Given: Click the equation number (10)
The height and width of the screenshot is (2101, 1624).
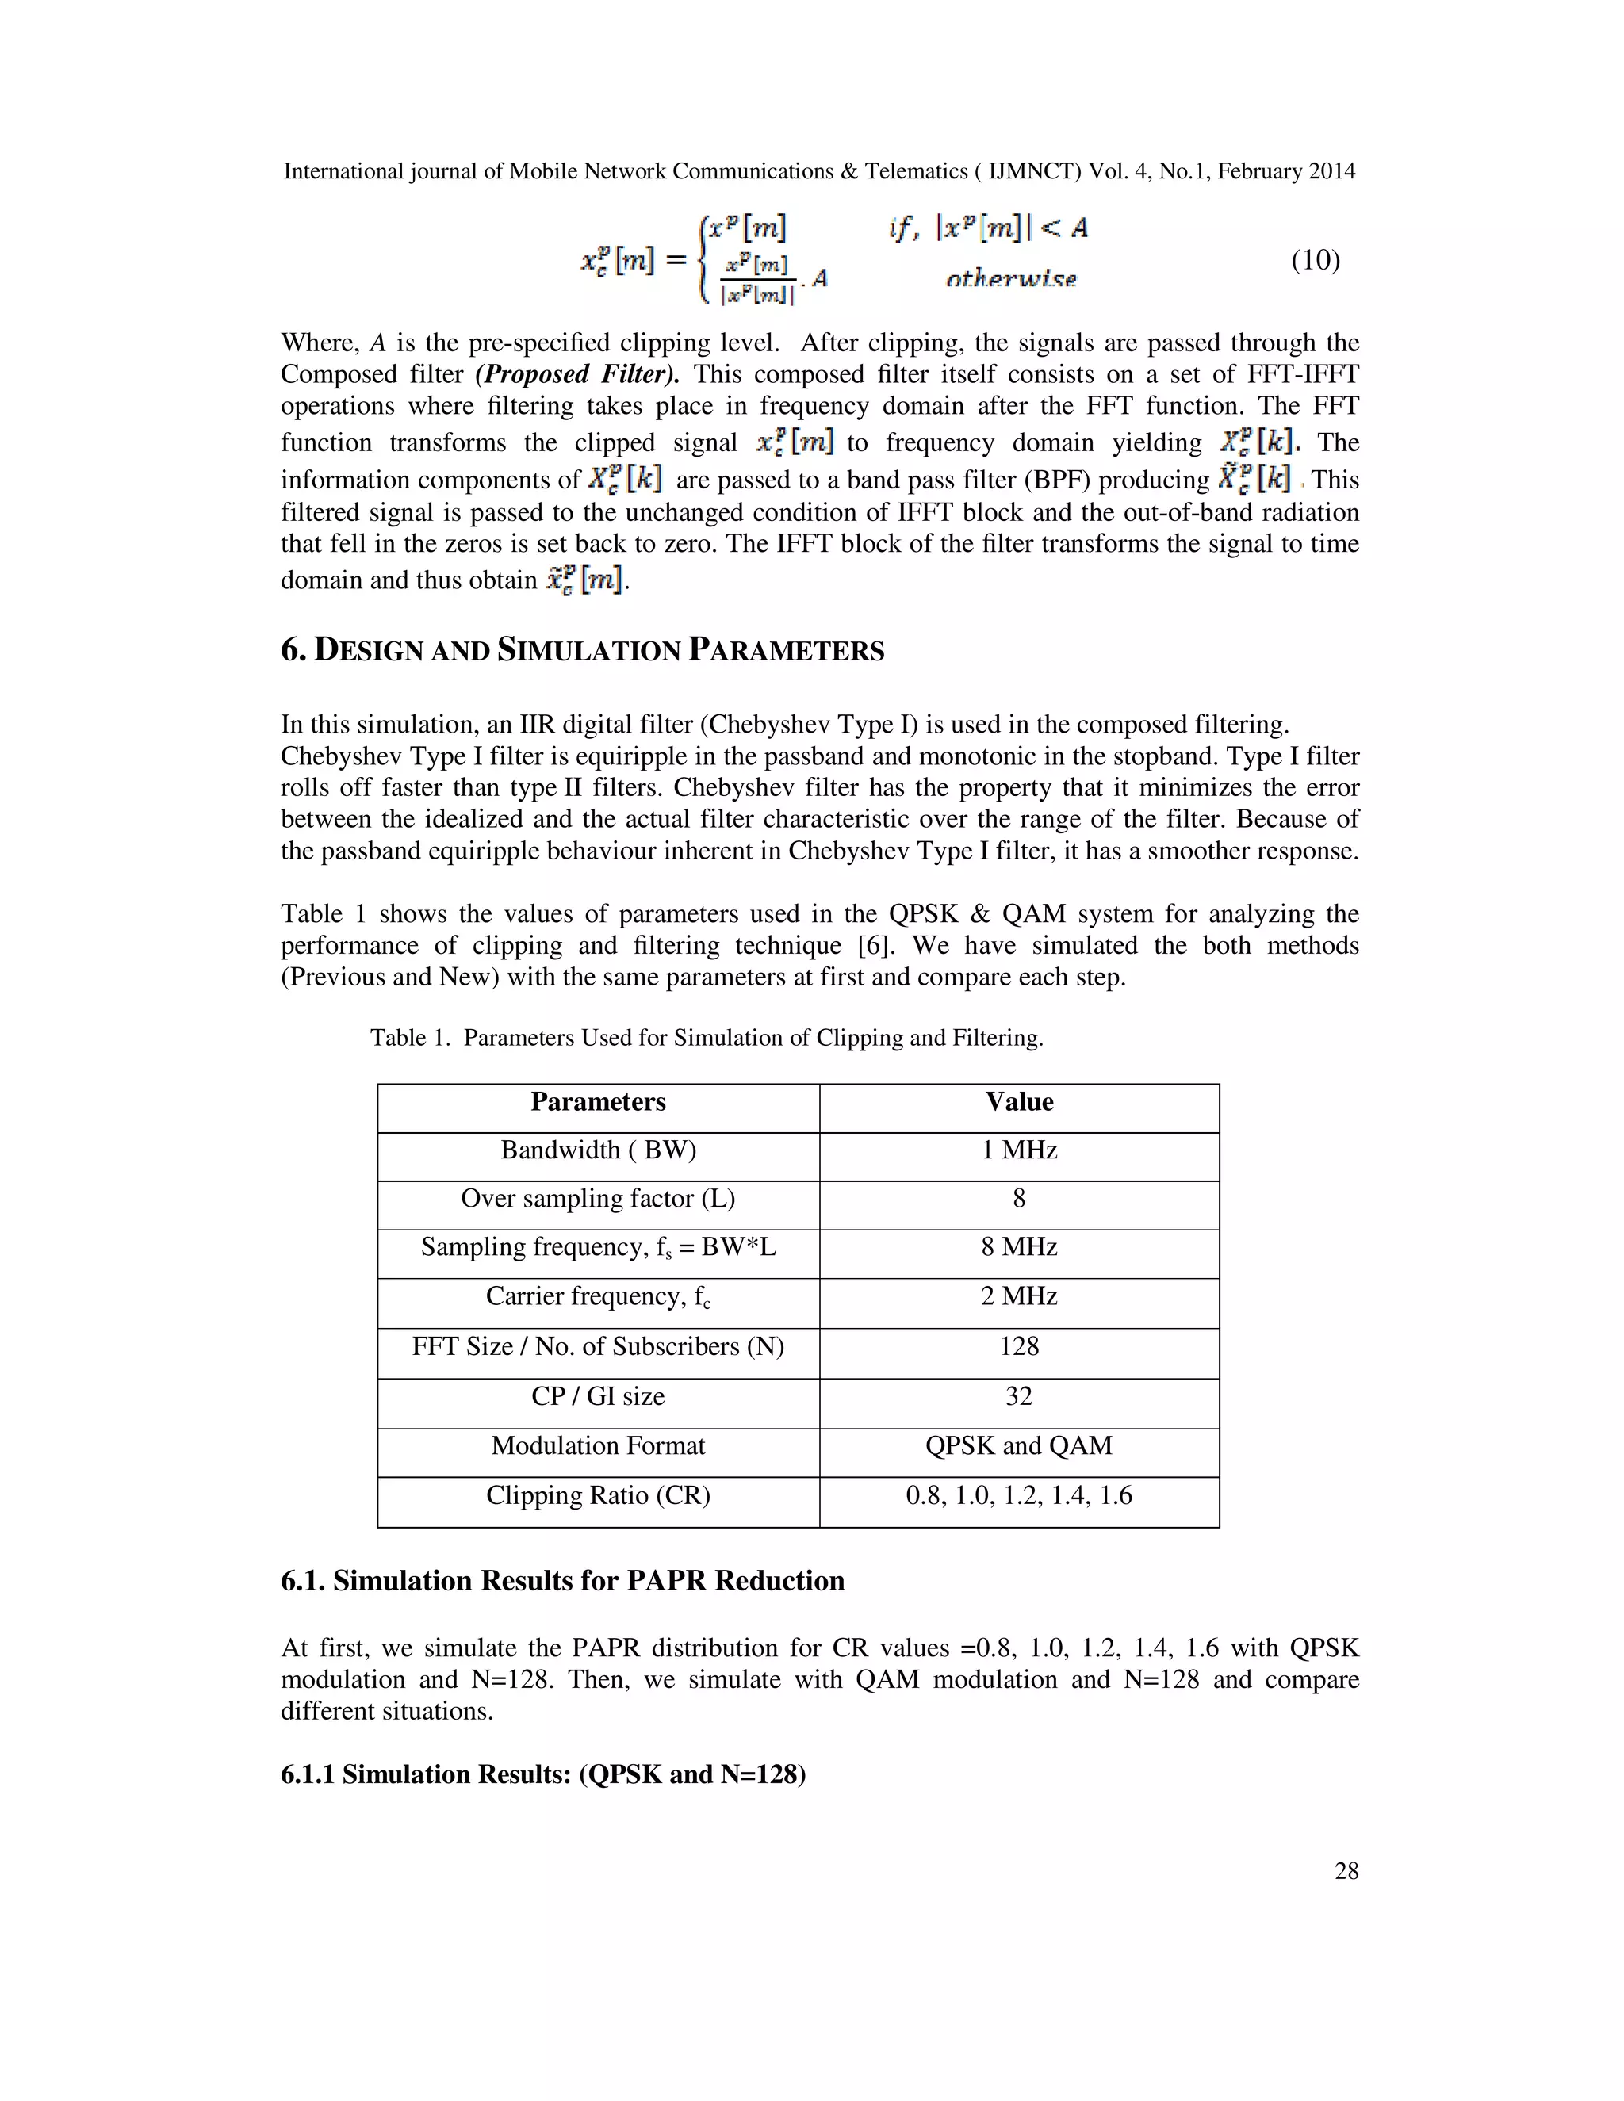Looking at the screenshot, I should [1316, 260].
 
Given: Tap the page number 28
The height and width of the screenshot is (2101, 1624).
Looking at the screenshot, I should [1346, 1870].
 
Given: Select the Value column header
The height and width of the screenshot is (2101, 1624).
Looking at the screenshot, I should [1019, 1101].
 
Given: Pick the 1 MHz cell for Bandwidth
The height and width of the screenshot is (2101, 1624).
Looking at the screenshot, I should [1019, 1150].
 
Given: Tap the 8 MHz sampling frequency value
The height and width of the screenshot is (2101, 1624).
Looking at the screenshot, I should [1019, 1248].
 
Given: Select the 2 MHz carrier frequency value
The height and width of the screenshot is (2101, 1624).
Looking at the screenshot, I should [1019, 1297].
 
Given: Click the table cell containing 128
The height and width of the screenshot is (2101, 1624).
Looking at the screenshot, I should [1019, 1347].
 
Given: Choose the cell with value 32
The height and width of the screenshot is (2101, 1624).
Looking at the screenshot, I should [1019, 1397].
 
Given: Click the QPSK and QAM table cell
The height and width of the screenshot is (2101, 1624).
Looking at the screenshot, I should [1019, 1446].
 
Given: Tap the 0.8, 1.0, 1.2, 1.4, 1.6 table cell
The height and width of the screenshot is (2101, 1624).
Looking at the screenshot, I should [1019, 1496].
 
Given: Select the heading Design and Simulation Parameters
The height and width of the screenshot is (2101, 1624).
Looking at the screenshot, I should [582, 650].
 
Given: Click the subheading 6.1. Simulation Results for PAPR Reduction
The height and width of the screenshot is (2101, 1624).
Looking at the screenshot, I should [562, 1581].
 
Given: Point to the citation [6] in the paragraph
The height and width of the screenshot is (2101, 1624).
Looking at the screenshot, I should [875, 946].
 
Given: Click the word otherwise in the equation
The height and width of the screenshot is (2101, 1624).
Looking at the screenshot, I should [1010, 279].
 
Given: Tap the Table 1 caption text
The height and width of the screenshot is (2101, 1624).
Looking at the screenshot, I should [707, 1038].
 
